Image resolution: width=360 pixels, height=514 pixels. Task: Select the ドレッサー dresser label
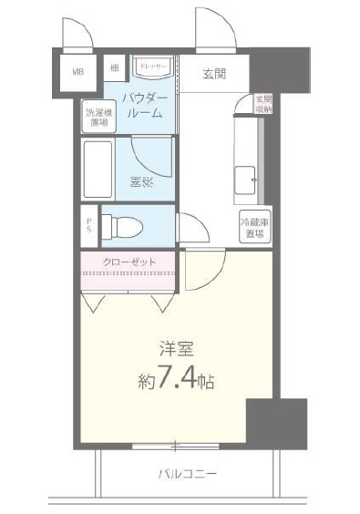click(x=150, y=66)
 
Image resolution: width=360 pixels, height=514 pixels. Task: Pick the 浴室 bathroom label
click(x=140, y=181)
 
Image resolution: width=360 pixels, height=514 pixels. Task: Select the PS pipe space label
click(x=88, y=225)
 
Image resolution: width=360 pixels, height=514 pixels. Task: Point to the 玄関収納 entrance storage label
click(x=262, y=103)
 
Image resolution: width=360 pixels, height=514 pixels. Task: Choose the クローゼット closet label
click(x=129, y=262)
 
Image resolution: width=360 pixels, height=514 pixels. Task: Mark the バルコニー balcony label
click(x=186, y=474)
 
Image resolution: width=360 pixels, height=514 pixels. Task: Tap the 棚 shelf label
click(x=116, y=67)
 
